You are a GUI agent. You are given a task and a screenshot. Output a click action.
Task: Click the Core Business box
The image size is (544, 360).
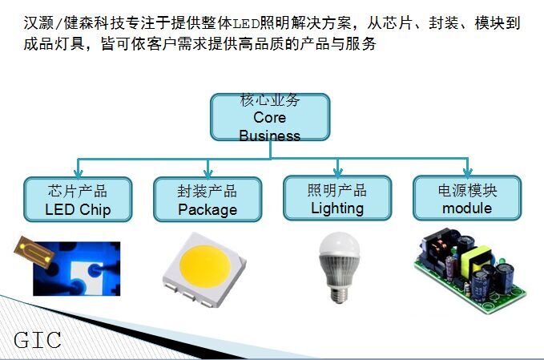point(270,117)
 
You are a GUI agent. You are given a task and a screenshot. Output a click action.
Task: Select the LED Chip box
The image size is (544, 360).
point(78,200)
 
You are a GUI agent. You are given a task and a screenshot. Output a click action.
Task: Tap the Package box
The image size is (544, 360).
point(208,200)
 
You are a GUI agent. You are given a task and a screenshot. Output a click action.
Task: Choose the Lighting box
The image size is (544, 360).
point(337,198)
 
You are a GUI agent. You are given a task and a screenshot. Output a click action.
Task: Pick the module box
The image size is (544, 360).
point(467,198)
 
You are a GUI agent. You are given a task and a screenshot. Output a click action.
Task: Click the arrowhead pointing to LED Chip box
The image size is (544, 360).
point(79,173)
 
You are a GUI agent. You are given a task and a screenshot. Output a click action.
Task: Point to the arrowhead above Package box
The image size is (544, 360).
point(208,173)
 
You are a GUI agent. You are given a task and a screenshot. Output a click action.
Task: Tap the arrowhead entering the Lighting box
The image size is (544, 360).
point(337,172)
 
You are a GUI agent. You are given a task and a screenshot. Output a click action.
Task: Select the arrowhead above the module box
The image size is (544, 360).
point(468,172)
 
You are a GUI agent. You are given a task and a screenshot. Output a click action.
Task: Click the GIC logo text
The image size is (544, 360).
point(38,340)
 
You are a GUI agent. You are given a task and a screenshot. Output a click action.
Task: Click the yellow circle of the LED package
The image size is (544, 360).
point(205,266)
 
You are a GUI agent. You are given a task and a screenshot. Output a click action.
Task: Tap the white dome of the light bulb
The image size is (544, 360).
point(340,244)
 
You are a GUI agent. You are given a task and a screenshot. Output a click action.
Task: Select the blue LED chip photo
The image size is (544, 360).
point(77,269)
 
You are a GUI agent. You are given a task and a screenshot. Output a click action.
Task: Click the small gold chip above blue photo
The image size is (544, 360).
point(34,252)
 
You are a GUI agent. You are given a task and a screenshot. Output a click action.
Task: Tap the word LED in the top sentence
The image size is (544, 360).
point(246,23)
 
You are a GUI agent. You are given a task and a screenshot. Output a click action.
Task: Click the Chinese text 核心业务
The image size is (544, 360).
point(269,99)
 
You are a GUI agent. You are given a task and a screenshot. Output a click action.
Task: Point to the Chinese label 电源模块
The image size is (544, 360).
point(467,191)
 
